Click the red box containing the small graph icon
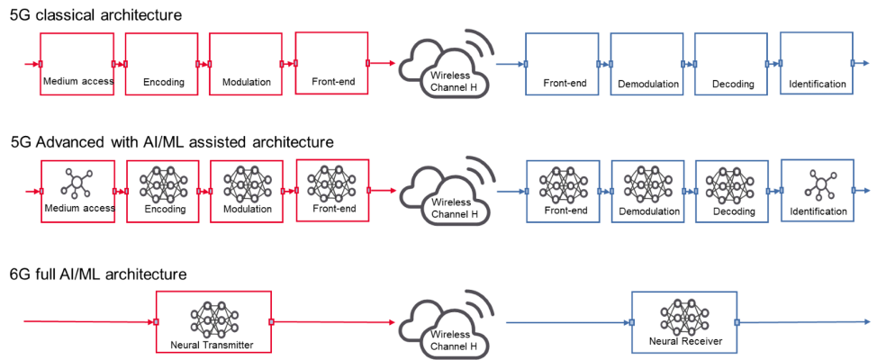[x=77, y=190]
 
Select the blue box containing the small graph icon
[x=816, y=190]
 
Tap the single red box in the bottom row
[x=213, y=321]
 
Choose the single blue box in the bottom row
[x=684, y=321]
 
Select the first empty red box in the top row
[x=77, y=64]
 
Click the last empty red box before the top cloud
[x=331, y=63]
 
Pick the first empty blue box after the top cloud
[x=562, y=64]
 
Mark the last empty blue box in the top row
[x=816, y=63]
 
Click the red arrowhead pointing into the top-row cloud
[x=392, y=64]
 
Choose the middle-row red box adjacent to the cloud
[x=331, y=190]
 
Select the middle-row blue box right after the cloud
[x=562, y=191]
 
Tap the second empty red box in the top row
[x=161, y=64]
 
